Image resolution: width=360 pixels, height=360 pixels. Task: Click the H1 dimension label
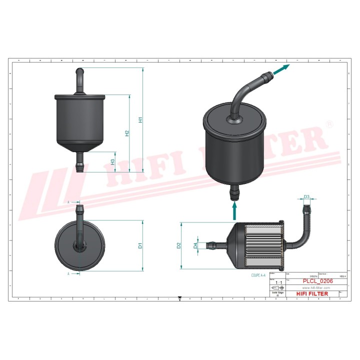click(x=141, y=120)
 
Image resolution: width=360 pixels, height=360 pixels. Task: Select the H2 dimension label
click(x=127, y=133)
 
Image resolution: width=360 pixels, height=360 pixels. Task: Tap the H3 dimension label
click(x=113, y=161)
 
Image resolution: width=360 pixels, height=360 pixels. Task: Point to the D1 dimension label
click(x=141, y=245)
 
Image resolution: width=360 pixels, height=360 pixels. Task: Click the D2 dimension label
click(x=178, y=245)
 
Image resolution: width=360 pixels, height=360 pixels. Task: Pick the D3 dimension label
click(x=307, y=196)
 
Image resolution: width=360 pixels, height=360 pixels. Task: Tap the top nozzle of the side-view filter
click(x=79, y=79)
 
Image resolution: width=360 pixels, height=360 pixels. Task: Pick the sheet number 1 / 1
click(x=278, y=283)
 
